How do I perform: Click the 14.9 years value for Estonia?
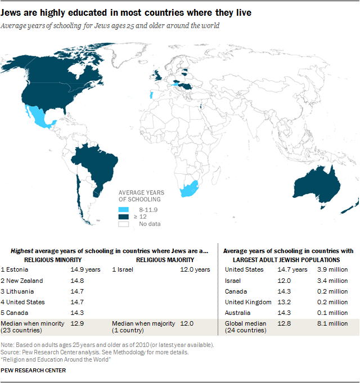pos(87,269)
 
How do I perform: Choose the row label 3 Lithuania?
pos(18,291)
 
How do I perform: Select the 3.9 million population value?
pos(336,269)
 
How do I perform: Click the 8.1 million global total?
pos(336,323)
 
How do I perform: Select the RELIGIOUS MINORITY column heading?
pos(53,260)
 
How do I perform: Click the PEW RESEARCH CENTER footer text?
pos(33,371)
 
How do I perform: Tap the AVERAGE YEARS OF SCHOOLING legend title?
pos(139,196)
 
